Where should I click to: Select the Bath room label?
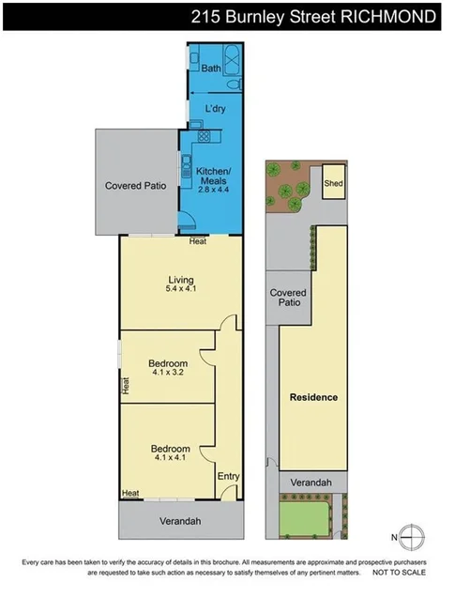(211, 68)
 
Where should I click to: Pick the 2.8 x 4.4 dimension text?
(216, 190)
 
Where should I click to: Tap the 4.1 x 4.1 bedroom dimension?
(171, 459)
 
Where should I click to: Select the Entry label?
(228, 476)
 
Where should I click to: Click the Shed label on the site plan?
(333, 184)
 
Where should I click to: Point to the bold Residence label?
(312, 397)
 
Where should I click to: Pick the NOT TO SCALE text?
(405, 571)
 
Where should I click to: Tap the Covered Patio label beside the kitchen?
(135, 185)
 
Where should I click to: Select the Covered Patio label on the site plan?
(288, 298)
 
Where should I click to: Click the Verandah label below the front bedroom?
(177, 519)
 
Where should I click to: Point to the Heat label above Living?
(197, 241)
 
